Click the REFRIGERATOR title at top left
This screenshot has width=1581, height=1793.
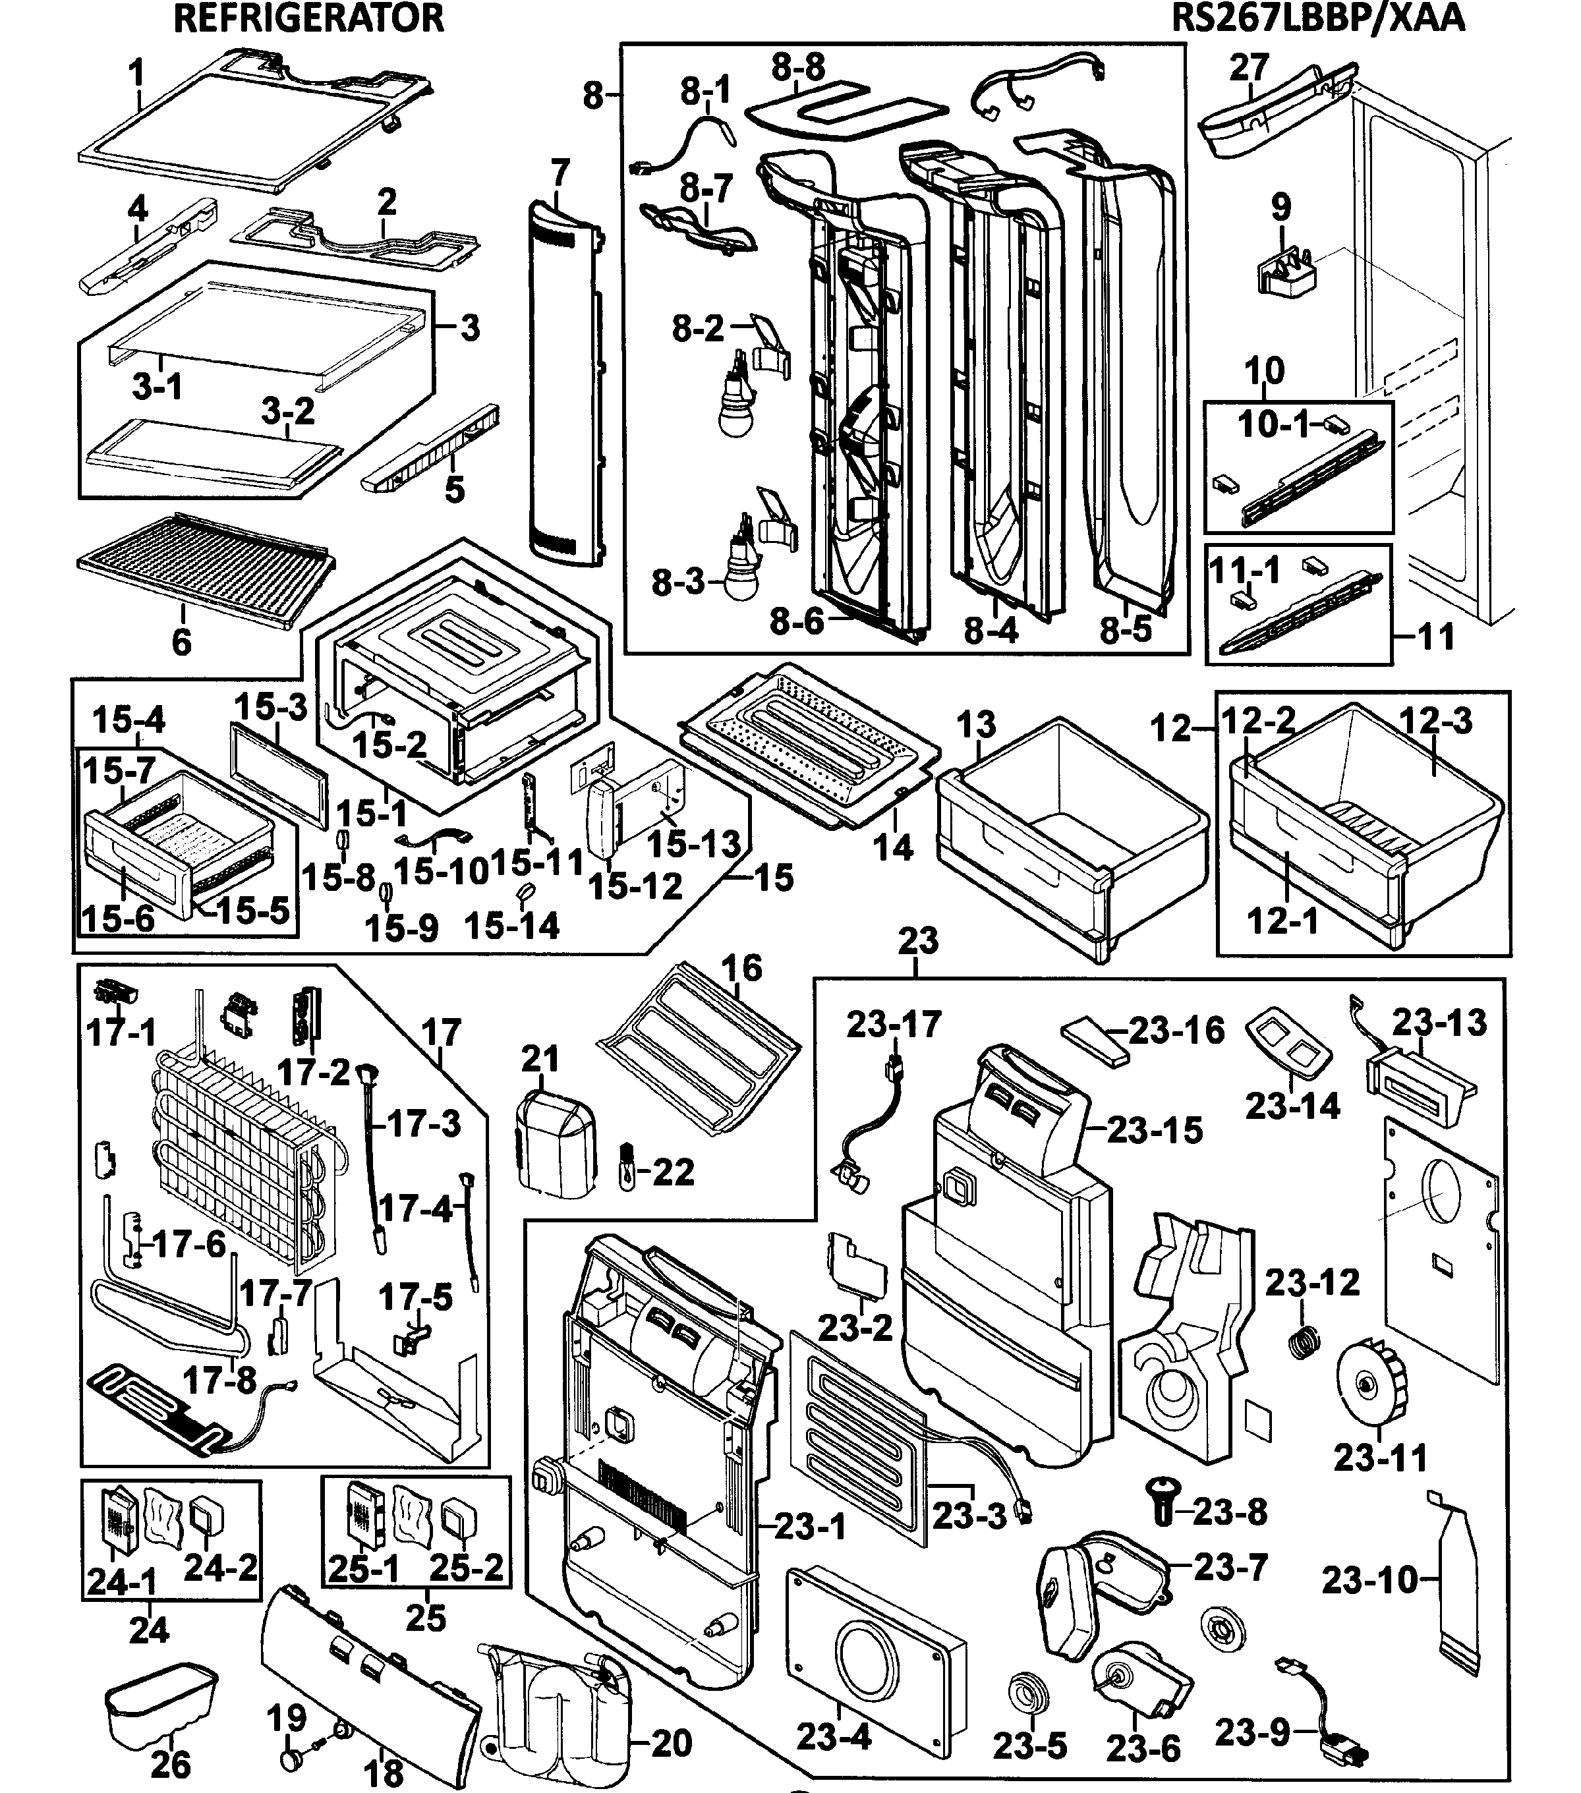(309, 18)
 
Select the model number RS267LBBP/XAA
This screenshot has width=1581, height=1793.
(1318, 18)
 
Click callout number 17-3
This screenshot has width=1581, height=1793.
(424, 1124)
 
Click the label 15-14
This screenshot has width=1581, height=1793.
(511, 925)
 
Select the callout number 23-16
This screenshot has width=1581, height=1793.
(1176, 1031)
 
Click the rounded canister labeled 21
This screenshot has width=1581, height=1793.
(556, 1141)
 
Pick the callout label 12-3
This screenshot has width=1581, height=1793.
(1435, 721)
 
